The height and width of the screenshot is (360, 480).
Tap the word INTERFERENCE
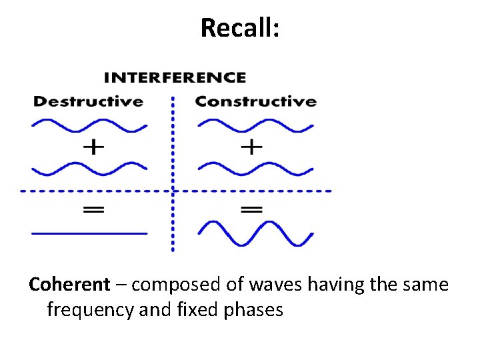tap(175, 77)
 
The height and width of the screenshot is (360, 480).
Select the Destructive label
tap(88, 102)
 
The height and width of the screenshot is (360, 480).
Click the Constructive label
tap(255, 102)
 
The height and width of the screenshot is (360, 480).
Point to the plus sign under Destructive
tap(93, 147)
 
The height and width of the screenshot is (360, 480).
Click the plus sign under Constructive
tap(251, 147)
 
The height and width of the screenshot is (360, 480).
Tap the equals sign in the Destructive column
tap(93, 209)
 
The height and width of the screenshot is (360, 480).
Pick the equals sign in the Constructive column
tap(251, 209)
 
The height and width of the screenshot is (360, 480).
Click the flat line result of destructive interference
tap(89, 233)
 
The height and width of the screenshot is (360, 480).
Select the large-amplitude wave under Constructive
tap(255, 233)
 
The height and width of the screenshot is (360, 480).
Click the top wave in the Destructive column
tap(89, 125)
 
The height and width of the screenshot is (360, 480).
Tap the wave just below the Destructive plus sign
tap(89, 168)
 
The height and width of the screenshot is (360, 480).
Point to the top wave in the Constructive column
tap(255, 125)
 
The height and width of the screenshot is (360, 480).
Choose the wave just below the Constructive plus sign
tap(255, 168)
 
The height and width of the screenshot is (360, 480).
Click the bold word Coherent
tap(69, 285)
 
